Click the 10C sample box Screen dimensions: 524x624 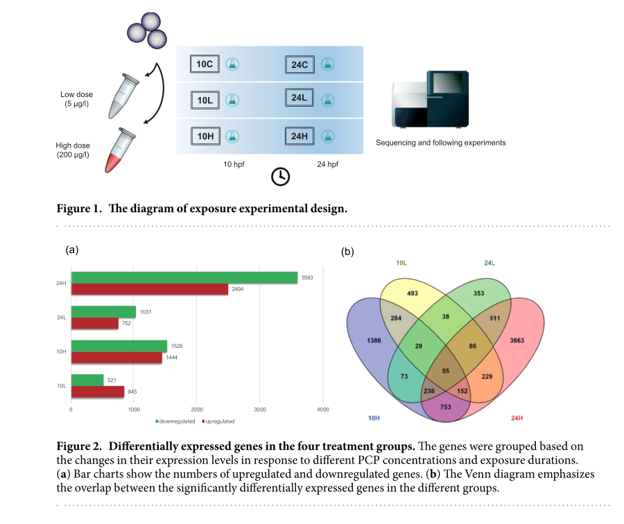(205, 64)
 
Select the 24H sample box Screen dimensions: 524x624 (300, 136)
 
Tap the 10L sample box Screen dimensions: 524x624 (205, 101)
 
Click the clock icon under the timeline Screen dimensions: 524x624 (280, 176)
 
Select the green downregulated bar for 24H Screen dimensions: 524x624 (184, 278)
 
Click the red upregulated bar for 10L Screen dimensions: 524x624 (98, 392)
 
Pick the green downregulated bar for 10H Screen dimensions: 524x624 (119, 346)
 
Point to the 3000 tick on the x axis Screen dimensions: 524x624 (260, 410)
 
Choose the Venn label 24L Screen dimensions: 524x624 (489, 263)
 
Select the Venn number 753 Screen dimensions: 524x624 (445, 407)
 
